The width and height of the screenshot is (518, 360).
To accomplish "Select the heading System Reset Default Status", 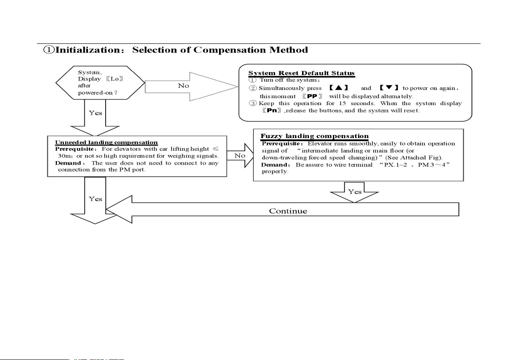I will (301, 73).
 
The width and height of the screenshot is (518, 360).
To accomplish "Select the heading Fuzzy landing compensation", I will (314, 136).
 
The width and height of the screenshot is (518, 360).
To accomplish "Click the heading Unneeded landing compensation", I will (106, 142).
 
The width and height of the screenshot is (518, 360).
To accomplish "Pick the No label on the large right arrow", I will (183, 86).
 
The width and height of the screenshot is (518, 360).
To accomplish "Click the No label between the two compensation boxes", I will (239, 155).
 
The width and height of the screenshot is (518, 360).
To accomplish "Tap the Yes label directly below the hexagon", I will (95, 113).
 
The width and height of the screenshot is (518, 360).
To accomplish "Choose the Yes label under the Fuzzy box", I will (355, 192).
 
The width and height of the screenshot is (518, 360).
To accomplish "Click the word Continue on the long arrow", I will (288, 211).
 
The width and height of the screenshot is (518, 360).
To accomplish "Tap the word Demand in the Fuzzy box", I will (269, 165).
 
